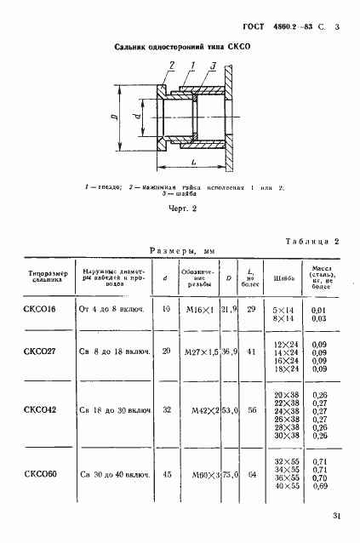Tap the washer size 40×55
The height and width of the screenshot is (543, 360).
click(286, 485)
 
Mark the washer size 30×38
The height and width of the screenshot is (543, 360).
click(286, 437)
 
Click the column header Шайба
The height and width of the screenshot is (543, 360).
click(286, 277)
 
